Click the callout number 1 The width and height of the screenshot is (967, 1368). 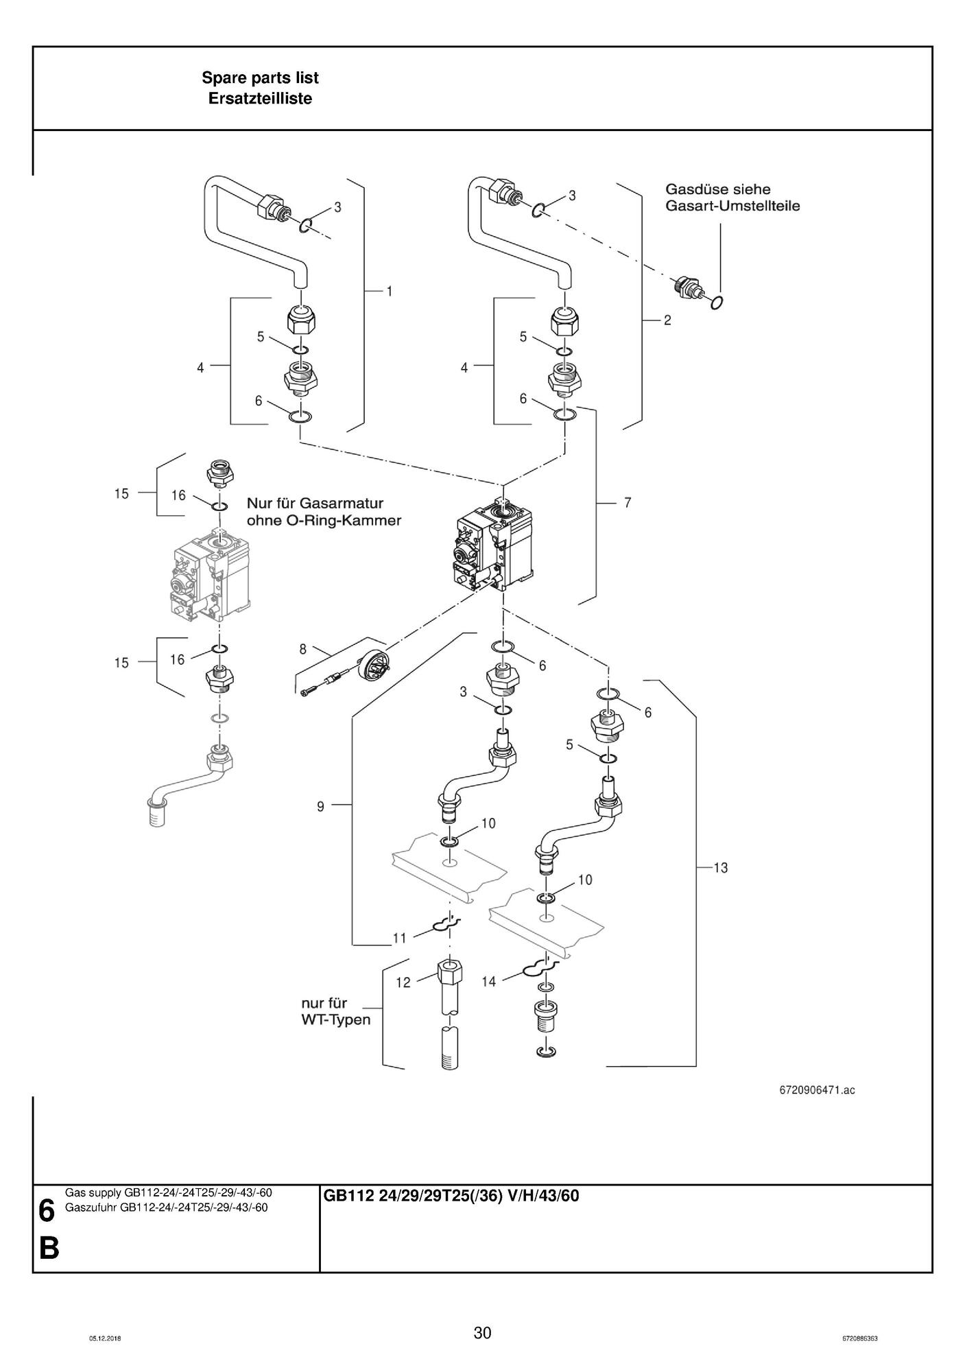[x=390, y=292]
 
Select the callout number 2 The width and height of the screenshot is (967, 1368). [x=667, y=320]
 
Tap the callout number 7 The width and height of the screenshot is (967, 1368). [x=628, y=503]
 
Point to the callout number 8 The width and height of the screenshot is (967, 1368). [x=302, y=649]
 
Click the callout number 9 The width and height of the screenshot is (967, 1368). [x=320, y=807]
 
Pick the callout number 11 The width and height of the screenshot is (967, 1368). [x=399, y=939]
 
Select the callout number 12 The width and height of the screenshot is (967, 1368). [x=403, y=982]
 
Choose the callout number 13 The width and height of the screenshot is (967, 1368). [x=720, y=868]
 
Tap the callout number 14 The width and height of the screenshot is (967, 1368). [x=488, y=982]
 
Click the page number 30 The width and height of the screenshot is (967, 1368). [x=483, y=1333]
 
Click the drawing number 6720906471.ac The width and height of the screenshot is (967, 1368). [x=817, y=1089]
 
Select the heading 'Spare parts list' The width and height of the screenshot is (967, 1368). [x=260, y=78]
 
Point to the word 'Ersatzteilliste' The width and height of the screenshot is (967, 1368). [x=260, y=99]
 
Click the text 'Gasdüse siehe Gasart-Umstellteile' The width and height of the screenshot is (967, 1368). [x=732, y=198]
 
